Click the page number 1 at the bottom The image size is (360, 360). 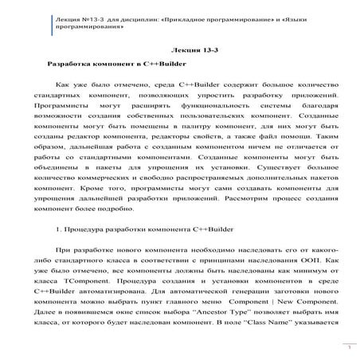(x=348, y=347)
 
